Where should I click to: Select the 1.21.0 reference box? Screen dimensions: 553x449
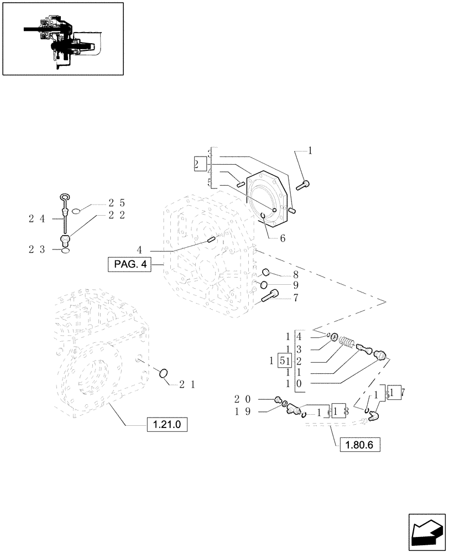click(168, 425)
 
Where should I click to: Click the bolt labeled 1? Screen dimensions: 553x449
click(305, 185)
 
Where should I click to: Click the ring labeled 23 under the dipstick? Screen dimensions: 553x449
click(66, 251)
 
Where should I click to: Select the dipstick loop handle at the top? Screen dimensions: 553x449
click(64, 197)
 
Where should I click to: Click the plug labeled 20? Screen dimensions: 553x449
click(279, 400)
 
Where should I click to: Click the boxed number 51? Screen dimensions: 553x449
click(284, 361)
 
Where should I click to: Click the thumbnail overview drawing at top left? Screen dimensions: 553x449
click(62, 38)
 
